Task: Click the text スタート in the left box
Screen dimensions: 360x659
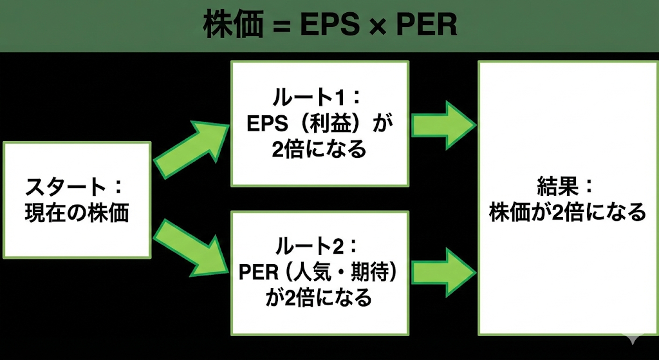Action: (64, 187)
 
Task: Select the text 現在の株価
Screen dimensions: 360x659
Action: (77, 213)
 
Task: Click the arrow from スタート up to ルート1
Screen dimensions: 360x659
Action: (190, 148)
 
